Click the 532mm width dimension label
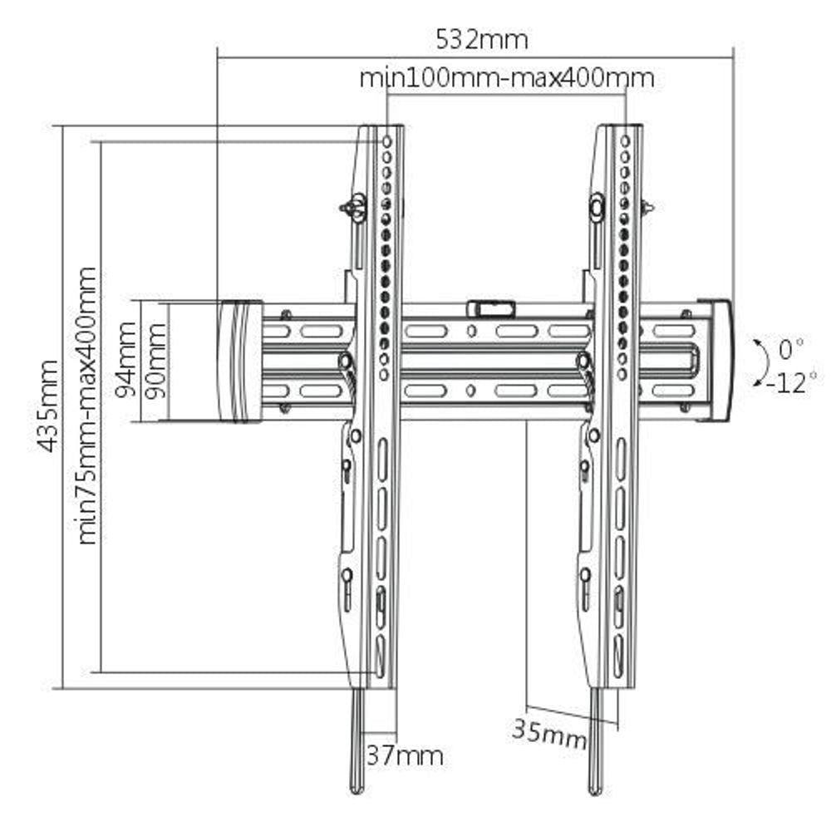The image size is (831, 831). pyautogui.click(x=481, y=38)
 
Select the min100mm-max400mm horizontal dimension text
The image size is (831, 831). pyautogui.click(x=506, y=78)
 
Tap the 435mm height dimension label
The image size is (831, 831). pyautogui.click(x=49, y=406)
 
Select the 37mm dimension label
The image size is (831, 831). pyautogui.click(x=405, y=755)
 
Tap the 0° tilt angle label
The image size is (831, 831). pyautogui.click(x=790, y=347)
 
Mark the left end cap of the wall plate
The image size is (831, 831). pyautogui.click(x=239, y=361)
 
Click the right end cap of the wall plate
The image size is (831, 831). pyautogui.click(x=716, y=360)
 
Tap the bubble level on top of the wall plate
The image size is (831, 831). pyautogui.click(x=490, y=309)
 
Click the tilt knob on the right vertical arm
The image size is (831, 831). pyautogui.click(x=597, y=205)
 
